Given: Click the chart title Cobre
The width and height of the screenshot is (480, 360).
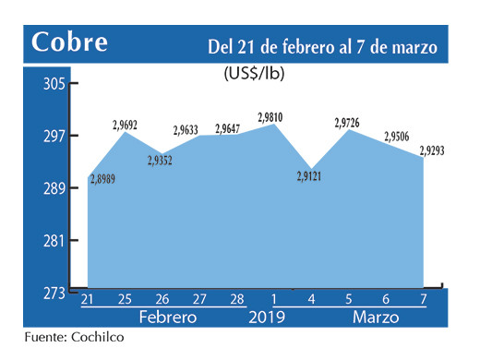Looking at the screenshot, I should point(69,42).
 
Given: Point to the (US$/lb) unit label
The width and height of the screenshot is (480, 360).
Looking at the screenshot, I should point(255,75).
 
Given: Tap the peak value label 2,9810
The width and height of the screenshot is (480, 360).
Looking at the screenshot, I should point(270,116).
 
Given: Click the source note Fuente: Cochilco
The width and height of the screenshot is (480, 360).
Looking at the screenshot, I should point(73,337).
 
